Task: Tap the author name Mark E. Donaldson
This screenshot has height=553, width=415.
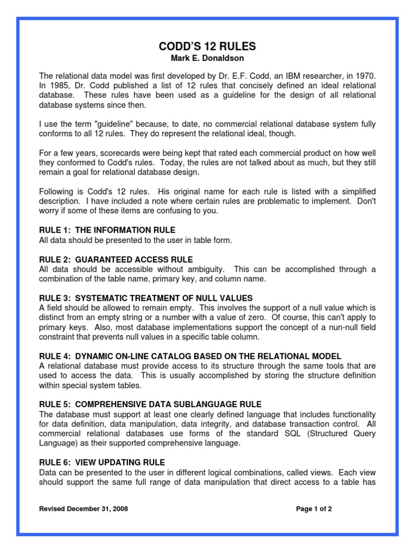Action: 207,58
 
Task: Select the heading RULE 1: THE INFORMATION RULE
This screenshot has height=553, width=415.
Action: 107,230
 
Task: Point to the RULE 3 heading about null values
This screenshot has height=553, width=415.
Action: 146,298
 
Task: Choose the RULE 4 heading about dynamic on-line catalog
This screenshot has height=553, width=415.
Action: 190,356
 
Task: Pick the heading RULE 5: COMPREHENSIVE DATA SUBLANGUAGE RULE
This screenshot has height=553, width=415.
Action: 150,404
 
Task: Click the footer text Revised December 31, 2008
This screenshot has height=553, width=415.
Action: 84,509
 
